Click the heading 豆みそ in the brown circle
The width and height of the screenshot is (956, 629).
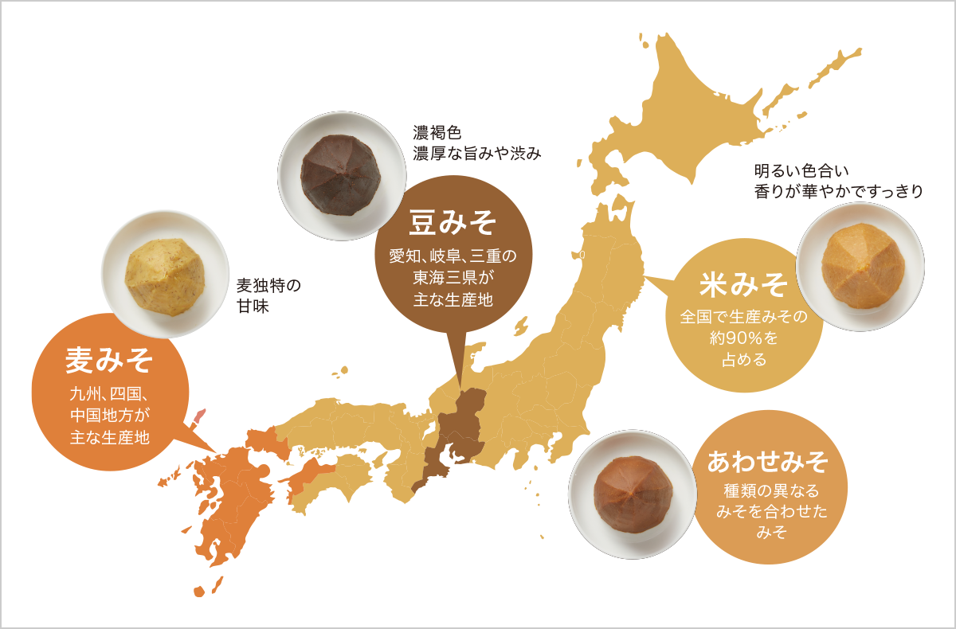pyautogui.click(x=453, y=224)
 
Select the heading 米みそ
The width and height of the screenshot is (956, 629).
pyautogui.click(x=743, y=283)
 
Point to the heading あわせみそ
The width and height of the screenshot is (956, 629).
pyautogui.click(x=768, y=461)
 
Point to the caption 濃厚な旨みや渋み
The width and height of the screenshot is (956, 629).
pyautogui.click(x=476, y=153)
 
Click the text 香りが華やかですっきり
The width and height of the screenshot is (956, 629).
pyautogui.click(x=838, y=191)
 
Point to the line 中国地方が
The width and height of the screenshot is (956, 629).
pyautogui.click(x=109, y=415)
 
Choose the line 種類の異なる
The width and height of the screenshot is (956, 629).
pyautogui.click(x=768, y=490)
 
